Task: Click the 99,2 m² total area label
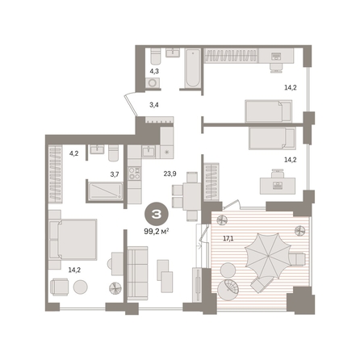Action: [x=157, y=232]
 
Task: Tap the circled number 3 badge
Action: [x=157, y=214]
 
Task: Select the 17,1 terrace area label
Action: [x=228, y=238]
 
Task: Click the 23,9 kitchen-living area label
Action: [x=170, y=174]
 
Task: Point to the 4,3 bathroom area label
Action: [x=154, y=71]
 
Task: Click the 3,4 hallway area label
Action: [x=154, y=105]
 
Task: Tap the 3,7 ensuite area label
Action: [x=115, y=174]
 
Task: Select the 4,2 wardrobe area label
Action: [x=73, y=153]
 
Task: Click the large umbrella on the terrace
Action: [x=268, y=256]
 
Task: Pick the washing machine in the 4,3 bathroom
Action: [x=153, y=83]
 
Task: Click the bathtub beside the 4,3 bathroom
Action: [x=193, y=68]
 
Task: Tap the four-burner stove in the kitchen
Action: [x=134, y=174]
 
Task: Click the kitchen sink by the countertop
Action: [x=149, y=151]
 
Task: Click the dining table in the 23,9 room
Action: [x=191, y=196]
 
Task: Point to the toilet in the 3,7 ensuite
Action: [x=113, y=153]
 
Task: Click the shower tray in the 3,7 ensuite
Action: [x=106, y=191]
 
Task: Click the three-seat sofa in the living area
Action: [x=137, y=273]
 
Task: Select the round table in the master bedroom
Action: [x=81, y=287]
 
